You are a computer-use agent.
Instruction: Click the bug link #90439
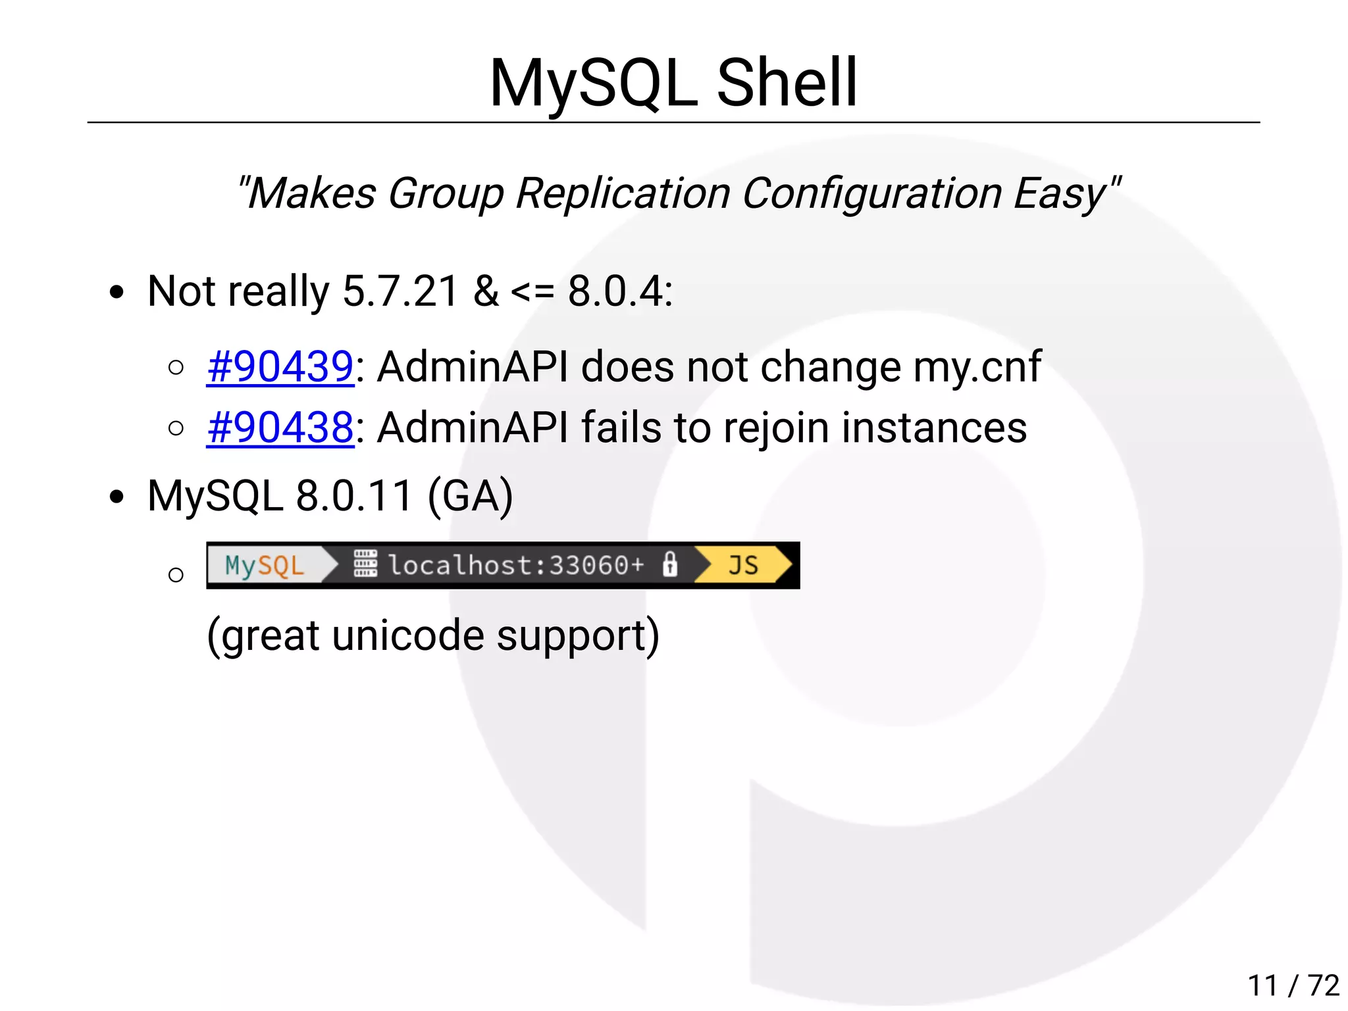[280, 366]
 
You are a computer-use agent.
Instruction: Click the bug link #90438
[280, 428]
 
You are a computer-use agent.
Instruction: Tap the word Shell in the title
[787, 83]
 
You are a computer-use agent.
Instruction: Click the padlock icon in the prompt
[670, 564]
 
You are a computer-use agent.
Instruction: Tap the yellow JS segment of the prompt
[743, 565]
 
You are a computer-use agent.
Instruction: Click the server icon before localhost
[365, 564]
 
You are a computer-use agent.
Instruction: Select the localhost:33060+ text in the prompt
[516, 565]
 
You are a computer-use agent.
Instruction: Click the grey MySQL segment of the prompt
[265, 565]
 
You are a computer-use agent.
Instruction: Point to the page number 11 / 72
[1293, 985]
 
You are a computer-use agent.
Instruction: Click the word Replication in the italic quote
[623, 193]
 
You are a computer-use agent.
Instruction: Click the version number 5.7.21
[400, 291]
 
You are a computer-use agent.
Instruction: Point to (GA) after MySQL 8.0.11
[470, 496]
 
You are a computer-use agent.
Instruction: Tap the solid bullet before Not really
[117, 292]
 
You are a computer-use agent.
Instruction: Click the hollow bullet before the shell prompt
[176, 575]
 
